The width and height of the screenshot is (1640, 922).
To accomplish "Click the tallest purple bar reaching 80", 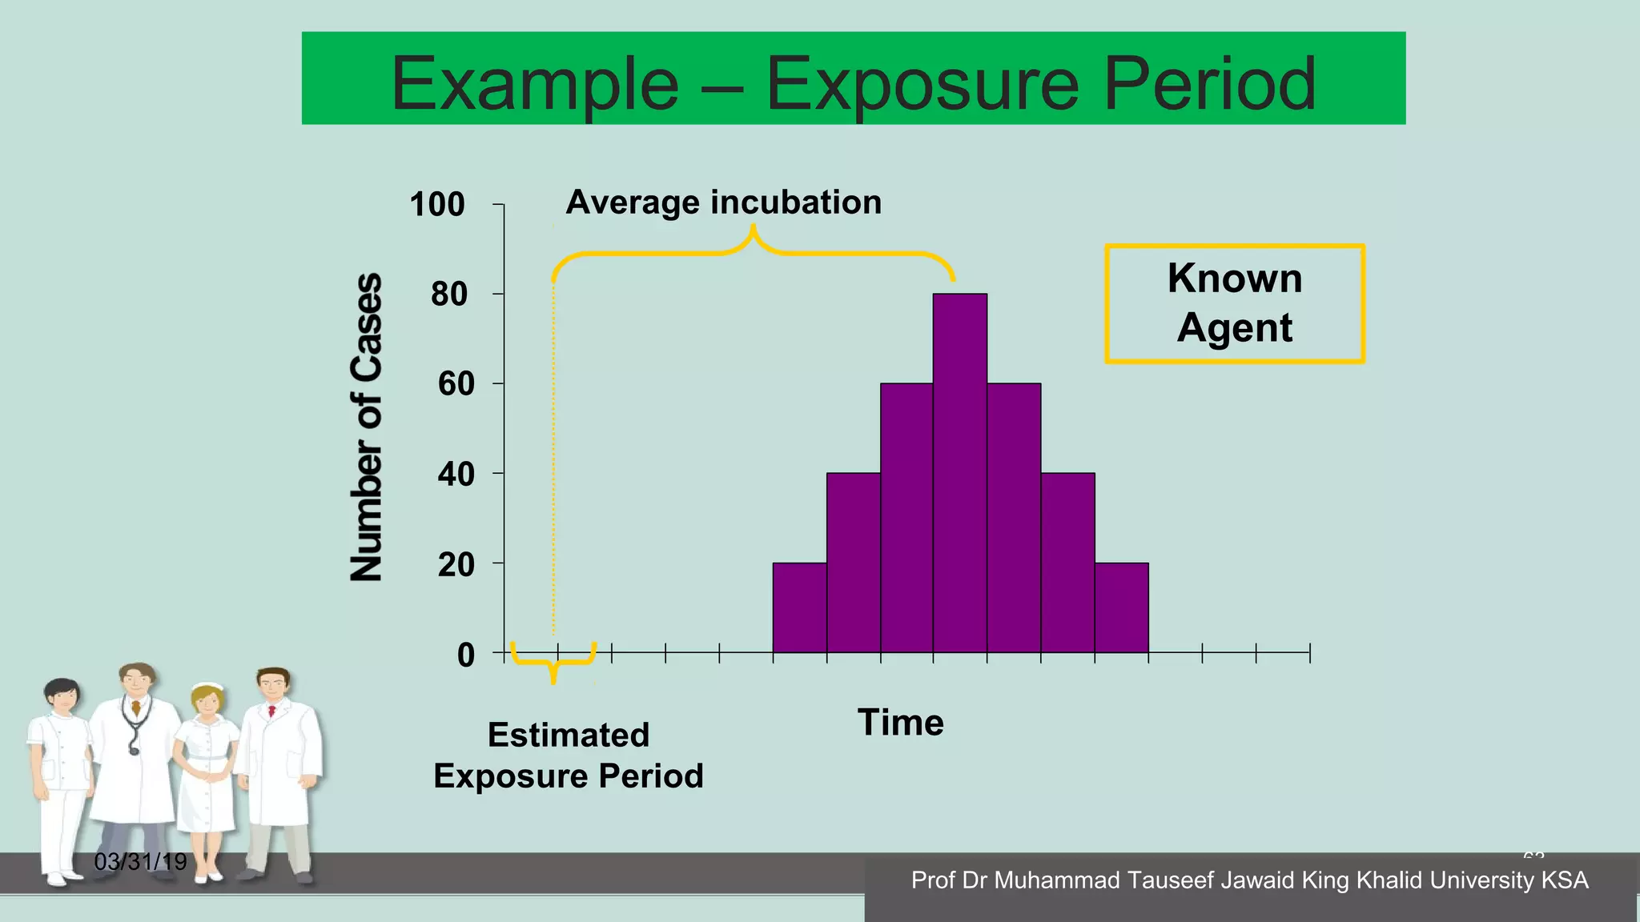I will coord(959,472).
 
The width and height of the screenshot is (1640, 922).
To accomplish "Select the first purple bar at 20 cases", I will coord(799,607).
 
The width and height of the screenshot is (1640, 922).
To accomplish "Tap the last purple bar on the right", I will coord(1121,607).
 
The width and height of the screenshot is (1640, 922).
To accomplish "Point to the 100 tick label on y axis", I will coord(436,204).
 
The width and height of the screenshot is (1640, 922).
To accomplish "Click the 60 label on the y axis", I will coord(456,384).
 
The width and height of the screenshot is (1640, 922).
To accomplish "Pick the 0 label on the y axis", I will coord(465,655).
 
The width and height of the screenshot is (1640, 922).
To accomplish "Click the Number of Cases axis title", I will coord(367,427).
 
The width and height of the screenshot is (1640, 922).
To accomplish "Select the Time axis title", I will coord(900,722).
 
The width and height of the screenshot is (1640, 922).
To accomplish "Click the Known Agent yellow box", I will coord(1234,303).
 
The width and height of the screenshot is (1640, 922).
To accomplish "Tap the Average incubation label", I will coord(723,202).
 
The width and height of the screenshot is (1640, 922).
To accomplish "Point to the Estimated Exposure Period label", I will coord(568,755).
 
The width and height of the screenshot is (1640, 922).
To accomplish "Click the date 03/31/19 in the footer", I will coord(140,861).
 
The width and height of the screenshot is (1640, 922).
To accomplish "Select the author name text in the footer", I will coord(1249,880).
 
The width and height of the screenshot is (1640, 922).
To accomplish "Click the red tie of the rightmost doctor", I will coord(272,710).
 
